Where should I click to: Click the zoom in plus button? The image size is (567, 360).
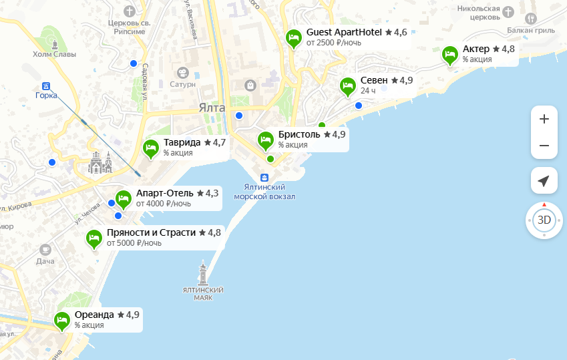(544, 120)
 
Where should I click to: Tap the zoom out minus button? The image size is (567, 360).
(544, 146)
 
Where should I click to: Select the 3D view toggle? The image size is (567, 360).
(544, 220)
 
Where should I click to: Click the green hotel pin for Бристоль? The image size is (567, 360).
(266, 140)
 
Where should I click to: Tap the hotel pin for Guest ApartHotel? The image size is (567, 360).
(293, 38)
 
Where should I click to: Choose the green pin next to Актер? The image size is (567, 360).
(450, 55)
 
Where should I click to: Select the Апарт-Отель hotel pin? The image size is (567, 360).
(124, 198)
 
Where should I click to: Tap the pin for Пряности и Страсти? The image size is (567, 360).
(94, 238)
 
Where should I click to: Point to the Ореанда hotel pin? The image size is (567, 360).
(62, 321)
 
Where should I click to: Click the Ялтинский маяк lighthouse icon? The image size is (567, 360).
(203, 272)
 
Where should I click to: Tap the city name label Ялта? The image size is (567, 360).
(212, 108)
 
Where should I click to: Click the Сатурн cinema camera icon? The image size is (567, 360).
(182, 72)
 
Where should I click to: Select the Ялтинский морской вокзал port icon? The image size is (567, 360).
(264, 177)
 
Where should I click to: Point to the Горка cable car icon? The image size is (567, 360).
(46, 85)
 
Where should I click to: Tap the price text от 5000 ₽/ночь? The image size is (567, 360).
(134, 244)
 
